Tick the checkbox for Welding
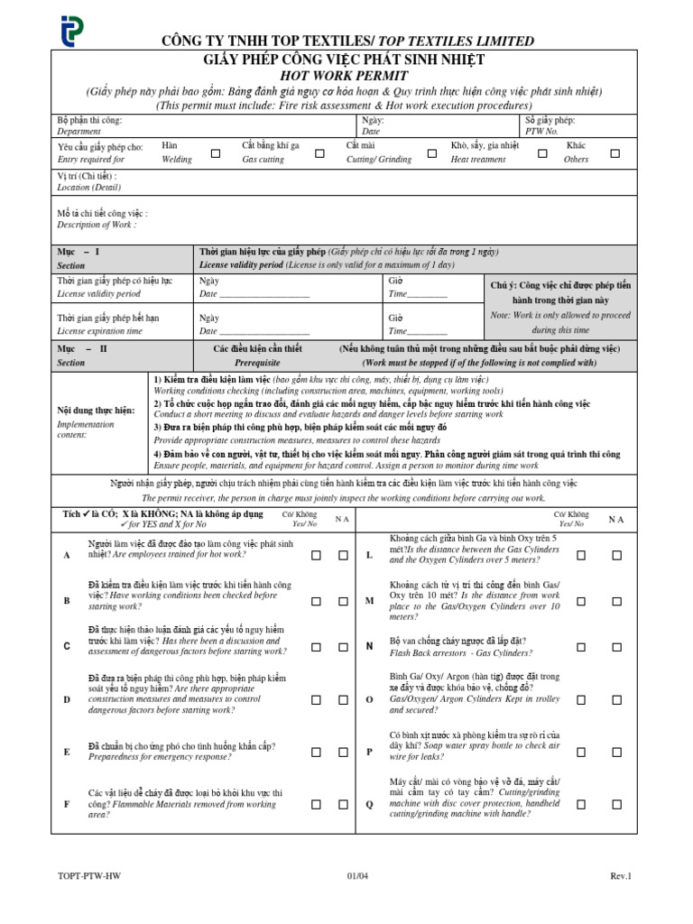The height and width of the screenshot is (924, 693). pos(216,153)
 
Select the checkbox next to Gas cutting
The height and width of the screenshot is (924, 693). pos(319,153)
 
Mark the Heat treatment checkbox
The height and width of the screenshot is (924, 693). pos(542,153)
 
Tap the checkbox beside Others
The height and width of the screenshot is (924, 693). pos(615,153)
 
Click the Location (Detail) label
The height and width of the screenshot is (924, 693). pos(88,188)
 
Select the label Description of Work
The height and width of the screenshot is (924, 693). pos(97,225)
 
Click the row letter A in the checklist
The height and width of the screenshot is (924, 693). pos(67,555)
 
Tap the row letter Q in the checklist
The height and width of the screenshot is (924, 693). pos(368,803)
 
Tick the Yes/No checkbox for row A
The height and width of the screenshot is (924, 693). pos(317,555)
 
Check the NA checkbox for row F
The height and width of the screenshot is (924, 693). pos(343,803)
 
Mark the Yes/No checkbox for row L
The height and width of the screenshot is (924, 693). pos(581,555)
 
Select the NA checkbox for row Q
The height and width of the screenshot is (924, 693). pos(616,803)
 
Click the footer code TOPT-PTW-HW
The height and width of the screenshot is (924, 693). pos(88,876)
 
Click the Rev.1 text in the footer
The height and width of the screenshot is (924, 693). pos(621,876)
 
